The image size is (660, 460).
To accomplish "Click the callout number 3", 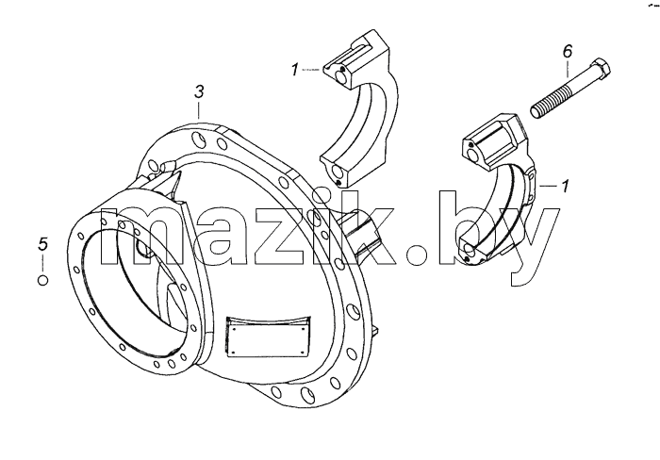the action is [199, 91].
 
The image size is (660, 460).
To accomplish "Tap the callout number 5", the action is [43, 244].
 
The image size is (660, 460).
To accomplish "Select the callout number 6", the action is [568, 51].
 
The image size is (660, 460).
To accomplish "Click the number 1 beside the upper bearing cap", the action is [295, 70].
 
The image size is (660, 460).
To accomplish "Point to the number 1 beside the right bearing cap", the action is [565, 186].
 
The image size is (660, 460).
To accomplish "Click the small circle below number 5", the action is [43, 280].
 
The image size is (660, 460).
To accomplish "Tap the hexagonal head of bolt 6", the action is [600, 71].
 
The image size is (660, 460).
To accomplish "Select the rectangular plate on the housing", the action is [268, 336].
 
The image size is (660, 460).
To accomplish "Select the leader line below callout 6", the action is [568, 68].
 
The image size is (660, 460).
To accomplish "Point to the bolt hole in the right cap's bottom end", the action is [469, 251].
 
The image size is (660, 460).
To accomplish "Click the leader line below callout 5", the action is [43, 263].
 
